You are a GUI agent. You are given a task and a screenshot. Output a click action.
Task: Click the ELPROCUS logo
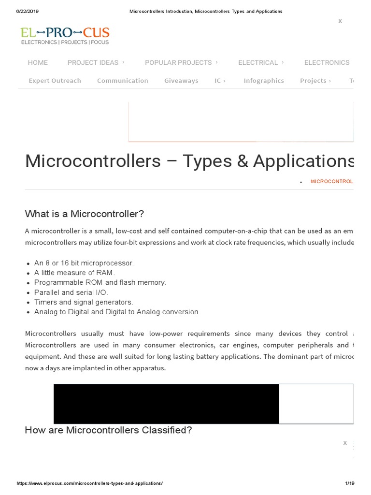coord(65,36)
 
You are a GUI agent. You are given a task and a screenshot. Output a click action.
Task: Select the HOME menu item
coord(38,62)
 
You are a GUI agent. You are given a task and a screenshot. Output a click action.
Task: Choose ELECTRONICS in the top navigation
coord(327,62)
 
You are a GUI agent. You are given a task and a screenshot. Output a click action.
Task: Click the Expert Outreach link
coord(55,81)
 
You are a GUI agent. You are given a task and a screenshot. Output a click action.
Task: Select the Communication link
coord(123,81)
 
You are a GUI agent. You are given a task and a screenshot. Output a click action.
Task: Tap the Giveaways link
coord(181,81)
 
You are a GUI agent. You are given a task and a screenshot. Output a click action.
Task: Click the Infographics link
coord(264,81)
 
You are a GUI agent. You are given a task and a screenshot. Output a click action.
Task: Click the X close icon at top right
coord(340,21)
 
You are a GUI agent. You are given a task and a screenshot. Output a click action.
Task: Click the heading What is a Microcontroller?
coord(85,214)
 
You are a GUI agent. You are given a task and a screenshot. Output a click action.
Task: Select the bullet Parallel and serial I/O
coord(71,292)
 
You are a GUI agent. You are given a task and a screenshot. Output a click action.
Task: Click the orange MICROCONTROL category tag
coord(331,181)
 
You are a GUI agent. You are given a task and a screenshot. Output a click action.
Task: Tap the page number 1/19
coord(350,483)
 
